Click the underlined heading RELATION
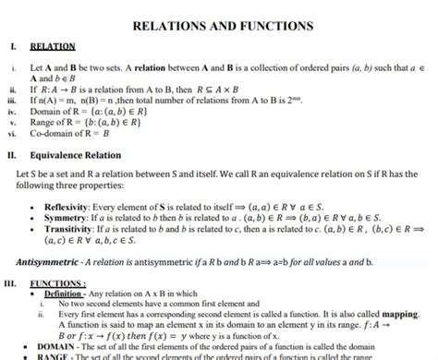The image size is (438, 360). (x=52, y=45)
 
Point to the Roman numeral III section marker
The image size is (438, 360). (x=11, y=283)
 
